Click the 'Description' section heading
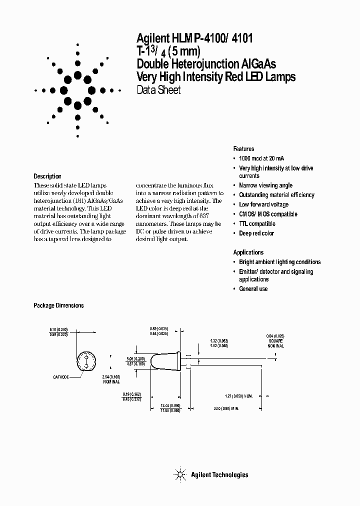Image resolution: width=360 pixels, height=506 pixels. point(47,176)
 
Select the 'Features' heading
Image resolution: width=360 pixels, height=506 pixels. point(243,149)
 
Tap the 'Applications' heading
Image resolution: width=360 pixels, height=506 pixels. point(248,252)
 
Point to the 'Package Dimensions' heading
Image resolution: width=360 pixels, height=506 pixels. point(58,305)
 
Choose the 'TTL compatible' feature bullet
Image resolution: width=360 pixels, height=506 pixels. point(257,223)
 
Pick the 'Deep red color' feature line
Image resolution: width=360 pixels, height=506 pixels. point(256,233)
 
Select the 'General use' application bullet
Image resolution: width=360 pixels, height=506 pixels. point(253,289)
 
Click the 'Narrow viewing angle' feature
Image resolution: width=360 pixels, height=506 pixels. point(265,185)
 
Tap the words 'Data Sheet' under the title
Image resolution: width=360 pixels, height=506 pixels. point(158,90)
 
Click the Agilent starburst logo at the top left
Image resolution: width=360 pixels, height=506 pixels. point(78,90)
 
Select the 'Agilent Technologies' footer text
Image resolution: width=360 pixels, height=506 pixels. point(219,475)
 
